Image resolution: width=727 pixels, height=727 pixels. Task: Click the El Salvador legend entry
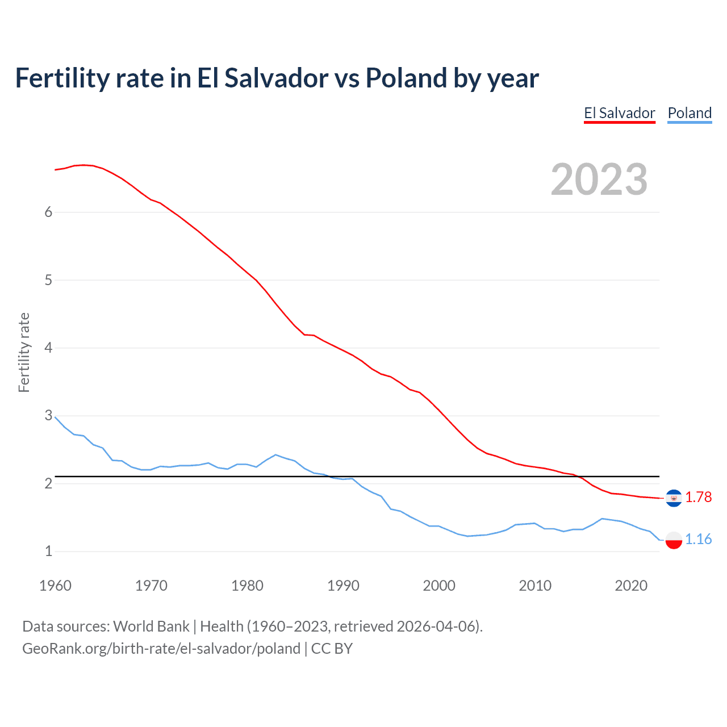coord(619,113)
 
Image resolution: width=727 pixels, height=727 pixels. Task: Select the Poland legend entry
coord(690,113)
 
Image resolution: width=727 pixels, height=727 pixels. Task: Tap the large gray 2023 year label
coord(599,179)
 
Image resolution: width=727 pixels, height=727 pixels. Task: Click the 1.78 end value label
coord(698,497)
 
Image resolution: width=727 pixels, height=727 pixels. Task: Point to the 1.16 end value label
coord(698,539)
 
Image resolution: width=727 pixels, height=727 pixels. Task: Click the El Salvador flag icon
coord(674,498)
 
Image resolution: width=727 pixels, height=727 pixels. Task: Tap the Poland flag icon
coord(674,540)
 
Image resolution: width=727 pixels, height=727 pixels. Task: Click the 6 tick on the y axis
coord(48,212)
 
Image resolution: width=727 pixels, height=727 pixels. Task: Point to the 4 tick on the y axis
coord(48,348)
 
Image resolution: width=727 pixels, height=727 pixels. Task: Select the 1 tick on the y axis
coord(48,551)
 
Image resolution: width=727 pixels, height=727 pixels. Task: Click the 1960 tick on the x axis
coord(55,586)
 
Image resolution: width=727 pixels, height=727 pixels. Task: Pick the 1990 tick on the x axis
coord(343,586)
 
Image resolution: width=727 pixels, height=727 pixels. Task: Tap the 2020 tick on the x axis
coord(631,586)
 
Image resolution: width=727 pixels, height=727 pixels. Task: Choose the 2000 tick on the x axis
coord(439,586)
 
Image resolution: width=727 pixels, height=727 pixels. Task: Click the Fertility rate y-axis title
coord(24,352)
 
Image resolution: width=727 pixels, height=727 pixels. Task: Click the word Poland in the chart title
coord(406,78)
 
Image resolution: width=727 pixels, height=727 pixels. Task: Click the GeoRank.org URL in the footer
coord(161,649)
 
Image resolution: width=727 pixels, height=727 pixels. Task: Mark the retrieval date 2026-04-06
coord(437,626)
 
